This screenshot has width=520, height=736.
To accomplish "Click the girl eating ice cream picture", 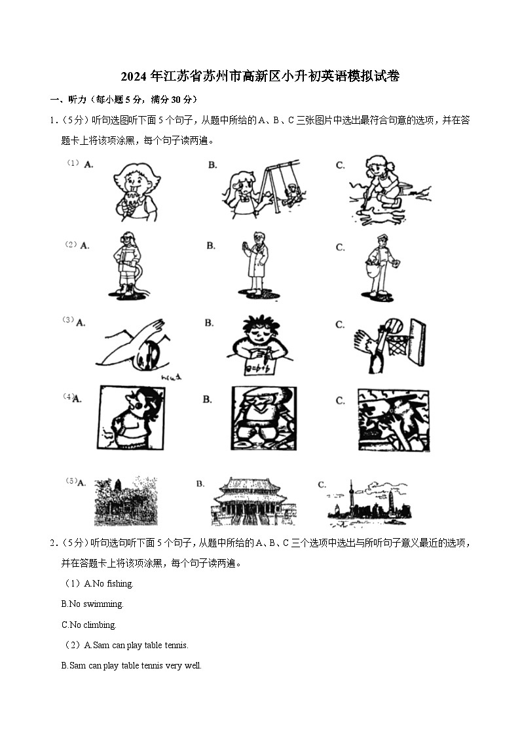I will pyautogui.click(x=135, y=190).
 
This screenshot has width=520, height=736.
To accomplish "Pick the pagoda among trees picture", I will pyautogui.click(x=126, y=502).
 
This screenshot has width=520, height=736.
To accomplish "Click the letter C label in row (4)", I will pyautogui.click(x=340, y=400).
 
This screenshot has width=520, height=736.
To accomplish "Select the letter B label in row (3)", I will pyautogui.click(x=209, y=323).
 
